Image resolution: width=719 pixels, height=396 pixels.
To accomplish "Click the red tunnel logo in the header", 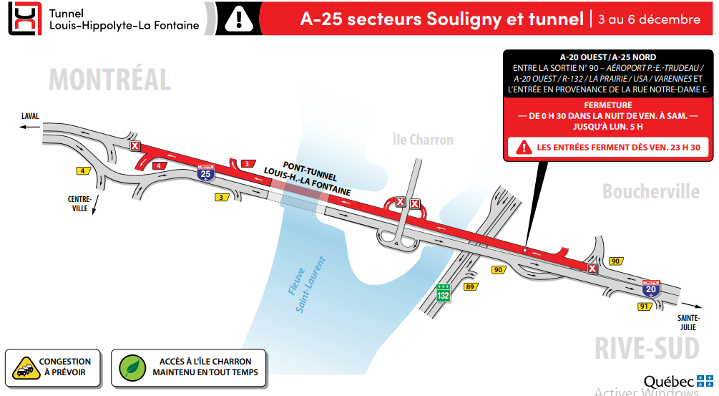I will click(x=24, y=19).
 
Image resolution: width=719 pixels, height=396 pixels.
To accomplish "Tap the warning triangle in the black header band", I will click(x=235, y=19).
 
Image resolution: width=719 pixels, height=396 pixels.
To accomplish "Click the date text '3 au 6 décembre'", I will click(x=649, y=19).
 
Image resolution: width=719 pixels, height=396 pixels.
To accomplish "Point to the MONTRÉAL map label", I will click(x=110, y=79).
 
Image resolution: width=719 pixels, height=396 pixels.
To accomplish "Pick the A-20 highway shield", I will click(x=650, y=289).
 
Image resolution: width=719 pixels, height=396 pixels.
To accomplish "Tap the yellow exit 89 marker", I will click(x=470, y=287).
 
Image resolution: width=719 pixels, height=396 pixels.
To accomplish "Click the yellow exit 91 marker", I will click(x=644, y=306).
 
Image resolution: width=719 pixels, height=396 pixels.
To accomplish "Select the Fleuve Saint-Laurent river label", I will click(x=307, y=284).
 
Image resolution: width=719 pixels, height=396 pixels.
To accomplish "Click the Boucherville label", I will click(x=650, y=191).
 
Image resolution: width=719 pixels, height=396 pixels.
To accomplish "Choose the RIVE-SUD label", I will click(x=646, y=348).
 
